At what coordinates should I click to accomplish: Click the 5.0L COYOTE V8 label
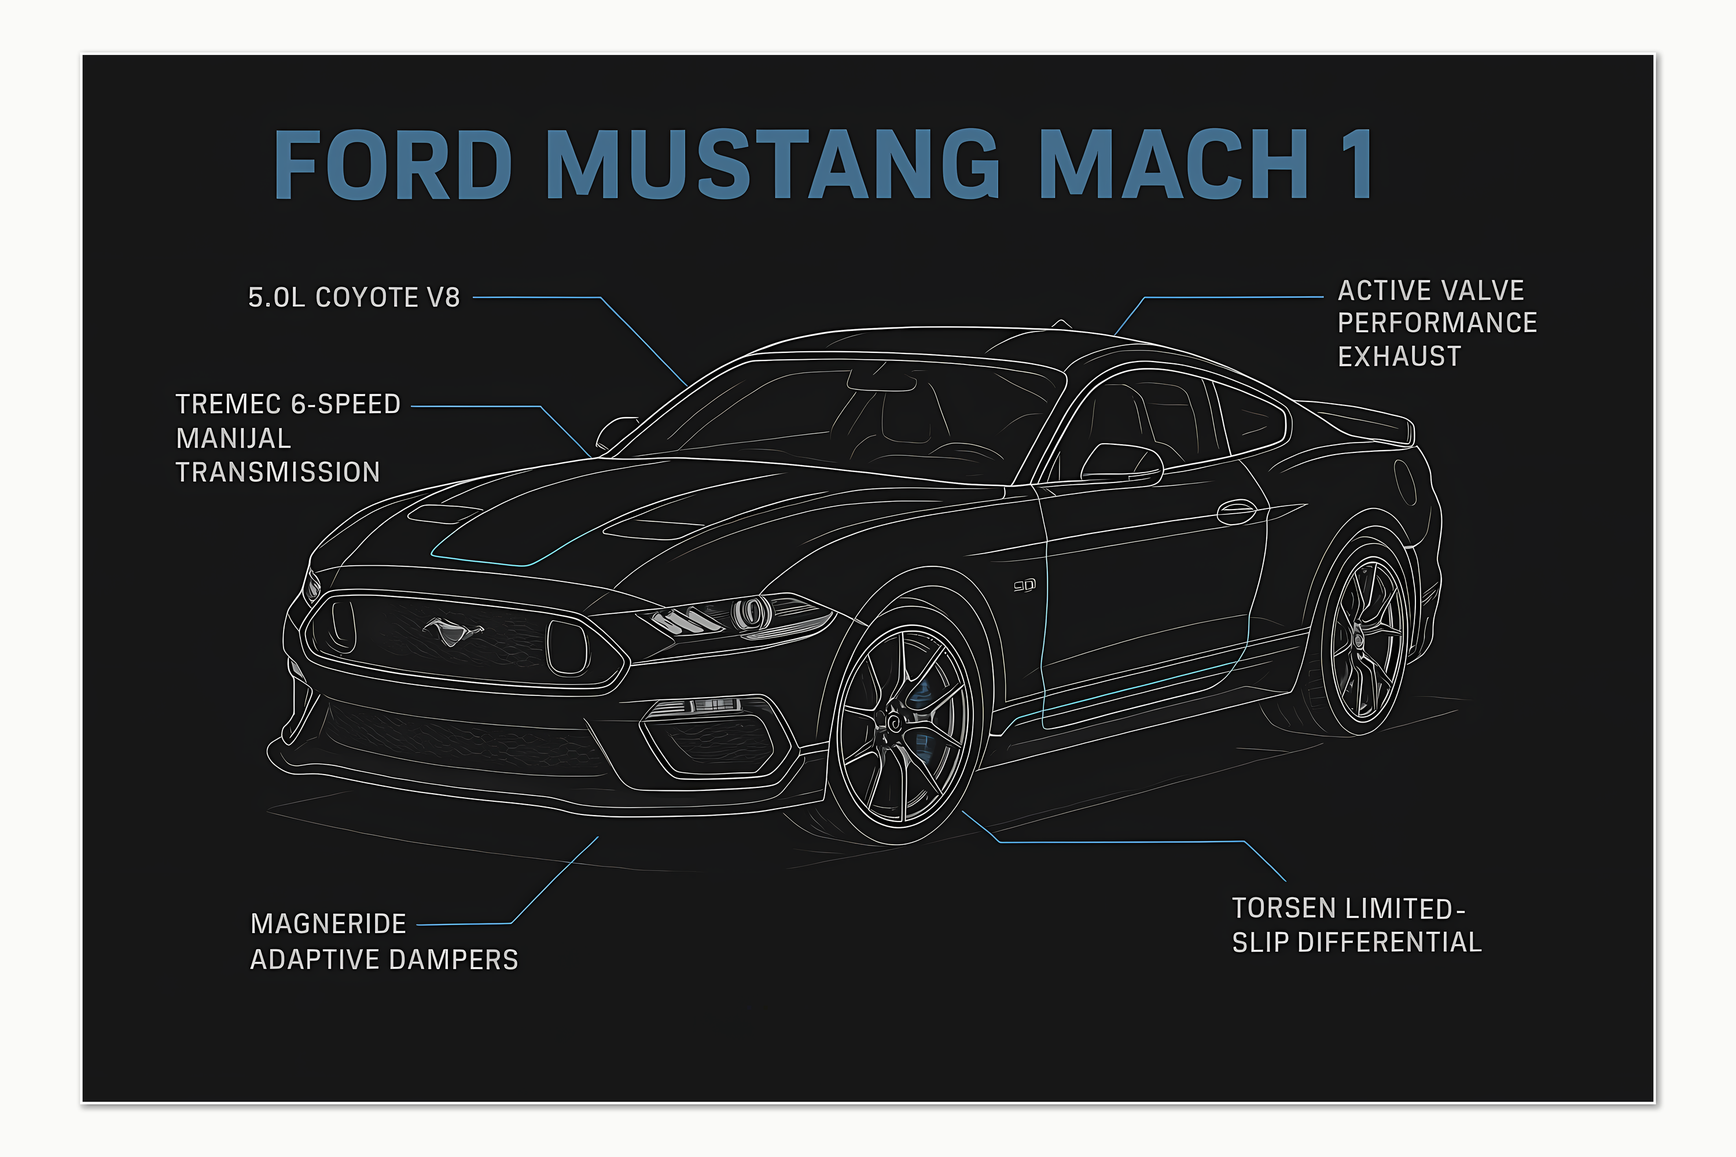[x=354, y=297]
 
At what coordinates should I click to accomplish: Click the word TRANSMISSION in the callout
[x=278, y=472]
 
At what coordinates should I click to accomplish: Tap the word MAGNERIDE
[x=329, y=924]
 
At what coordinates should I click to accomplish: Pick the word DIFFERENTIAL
[x=1389, y=943]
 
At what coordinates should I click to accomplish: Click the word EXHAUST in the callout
[x=1399, y=357]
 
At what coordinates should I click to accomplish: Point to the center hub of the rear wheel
[x=1358, y=640]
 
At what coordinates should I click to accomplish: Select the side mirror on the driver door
[x=1120, y=463]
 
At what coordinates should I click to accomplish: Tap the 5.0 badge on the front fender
[x=1024, y=586]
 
